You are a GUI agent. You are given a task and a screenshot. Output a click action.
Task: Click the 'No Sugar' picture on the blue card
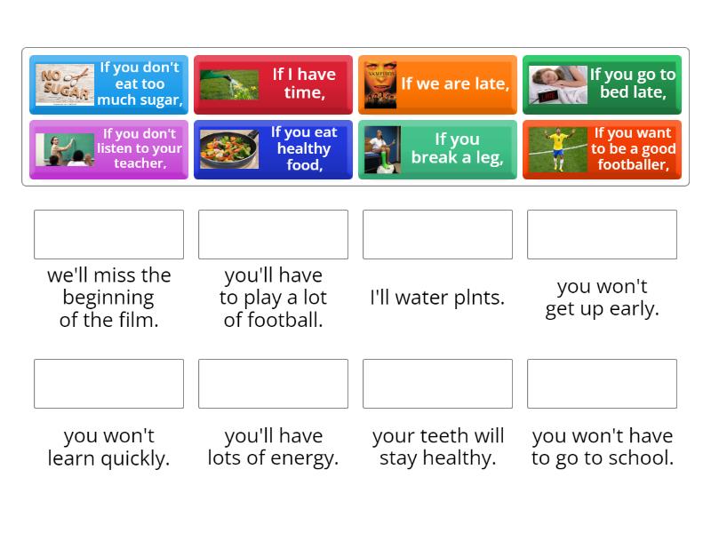pyautogui.click(x=64, y=84)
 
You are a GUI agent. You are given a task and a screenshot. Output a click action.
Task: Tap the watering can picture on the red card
pyautogui.click(x=229, y=84)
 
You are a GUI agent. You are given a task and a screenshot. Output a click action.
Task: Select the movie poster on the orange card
pyautogui.click(x=380, y=84)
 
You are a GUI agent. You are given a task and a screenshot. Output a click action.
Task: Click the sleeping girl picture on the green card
pyautogui.click(x=558, y=84)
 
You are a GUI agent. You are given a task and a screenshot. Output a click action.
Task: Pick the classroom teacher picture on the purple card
pyautogui.click(x=64, y=149)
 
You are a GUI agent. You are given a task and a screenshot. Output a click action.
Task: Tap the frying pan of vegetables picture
pyautogui.click(x=229, y=149)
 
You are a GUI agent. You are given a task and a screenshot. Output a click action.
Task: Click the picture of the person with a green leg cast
pyautogui.click(x=382, y=149)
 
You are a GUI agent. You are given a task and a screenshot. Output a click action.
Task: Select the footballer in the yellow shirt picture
pyautogui.click(x=558, y=149)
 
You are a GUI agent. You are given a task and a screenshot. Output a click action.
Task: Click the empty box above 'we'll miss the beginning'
pyautogui.click(x=108, y=235)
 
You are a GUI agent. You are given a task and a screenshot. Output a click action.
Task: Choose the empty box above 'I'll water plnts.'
pyautogui.click(x=437, y=235)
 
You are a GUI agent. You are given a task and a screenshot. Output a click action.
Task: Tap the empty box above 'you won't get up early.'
pyautogui.click(x=603, y=235)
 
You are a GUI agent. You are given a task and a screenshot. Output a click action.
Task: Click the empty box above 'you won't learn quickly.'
pyautogui.click(x=108, y=384)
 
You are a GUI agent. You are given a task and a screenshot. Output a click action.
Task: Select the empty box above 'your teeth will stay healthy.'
pyautogui.click(x=437, y=384)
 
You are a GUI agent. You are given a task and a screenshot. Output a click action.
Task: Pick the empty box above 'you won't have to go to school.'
pyautogui.click(x=603, y=384)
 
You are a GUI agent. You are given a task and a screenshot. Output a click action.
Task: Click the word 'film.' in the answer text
pyautogui.click(x=139, y=320)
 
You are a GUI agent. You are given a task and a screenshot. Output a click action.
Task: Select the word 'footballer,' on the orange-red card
pyautogui.click(x=634, y=164)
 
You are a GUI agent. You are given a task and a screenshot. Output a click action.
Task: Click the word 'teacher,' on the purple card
pyautogui.click(x=140, y=163)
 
